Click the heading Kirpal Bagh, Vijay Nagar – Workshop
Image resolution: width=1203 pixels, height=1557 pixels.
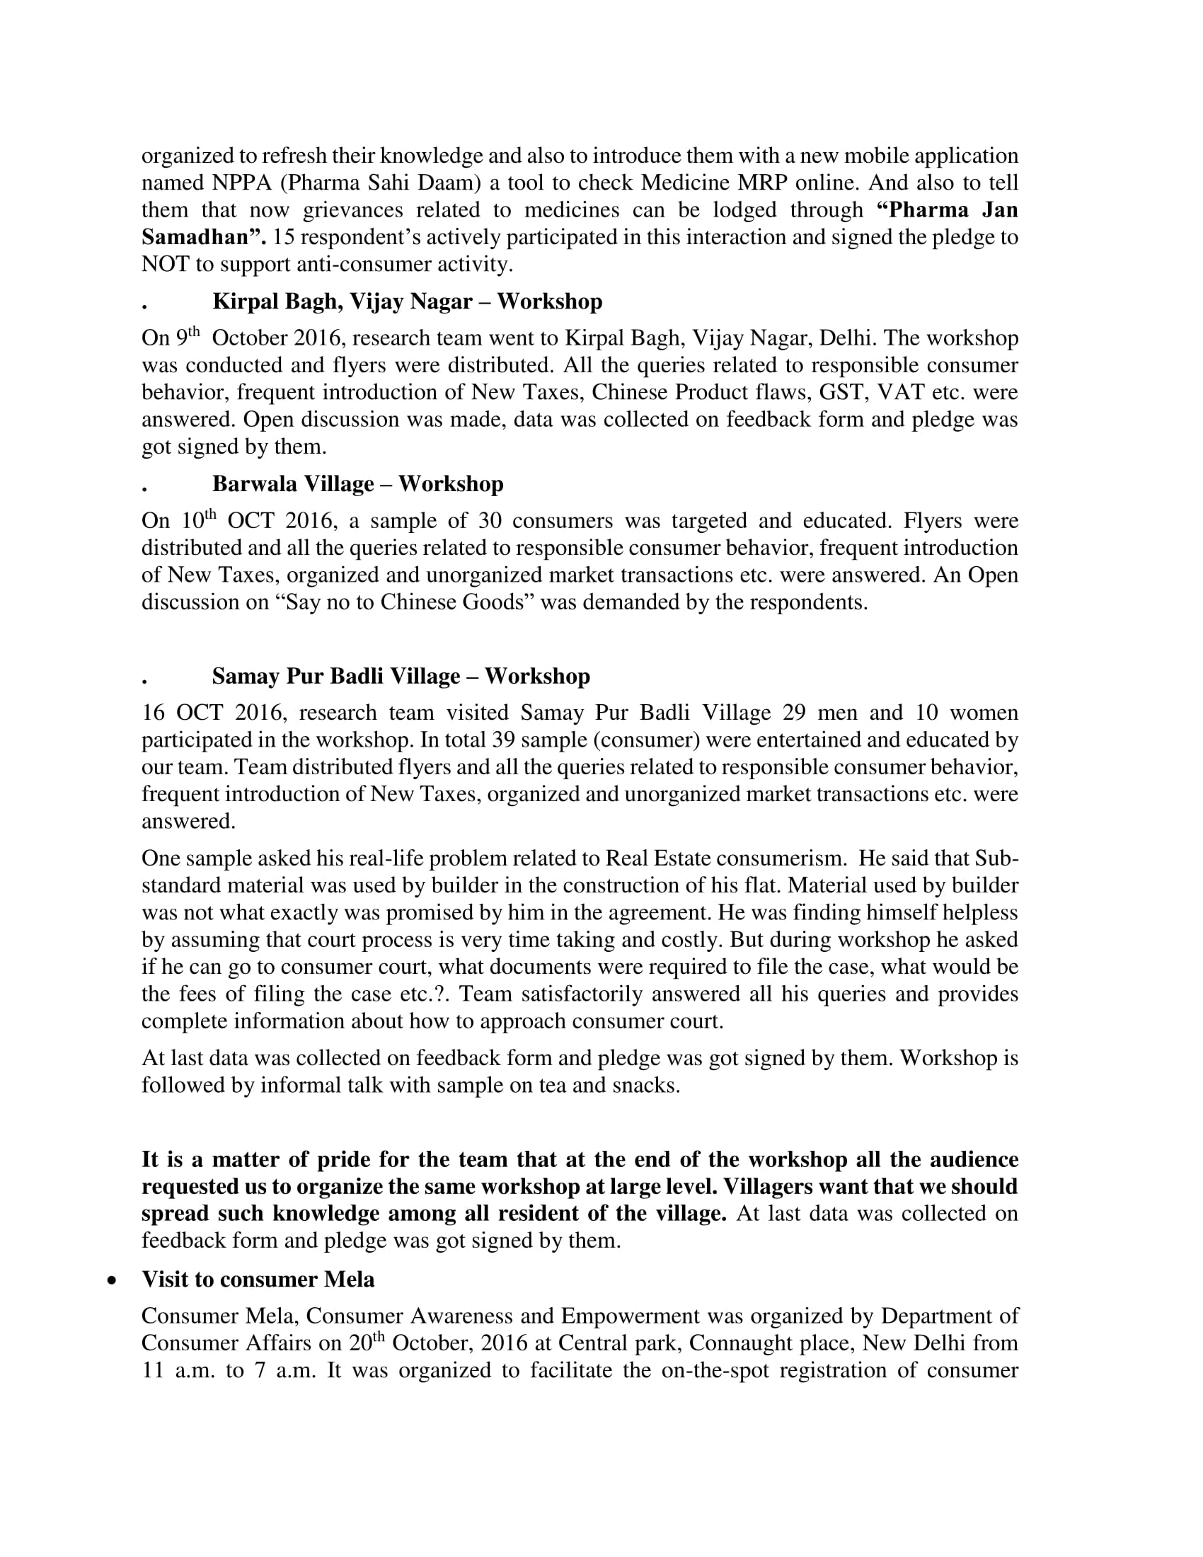pyautogui.click(x=407, y=301)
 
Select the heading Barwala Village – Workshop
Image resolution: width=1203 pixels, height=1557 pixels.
pyautogui.click(x=358, y=484)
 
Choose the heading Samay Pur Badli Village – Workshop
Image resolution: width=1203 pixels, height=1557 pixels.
pyautogui.click(x=401, y=677)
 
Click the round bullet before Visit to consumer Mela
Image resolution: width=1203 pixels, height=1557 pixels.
pyautogui.click(x=111, y=1280)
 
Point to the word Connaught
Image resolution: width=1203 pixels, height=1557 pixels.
pyautogui.click(x=730, y=1343)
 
